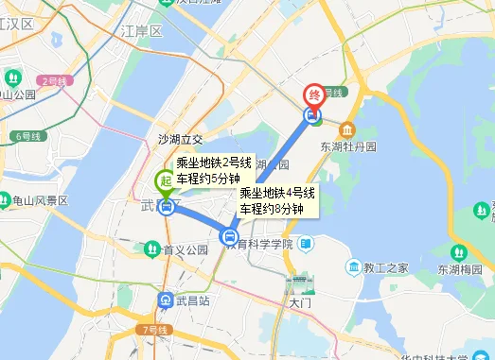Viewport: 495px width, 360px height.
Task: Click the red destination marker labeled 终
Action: (x=313, y=95)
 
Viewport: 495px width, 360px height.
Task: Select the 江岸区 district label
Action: (x=142, y=31)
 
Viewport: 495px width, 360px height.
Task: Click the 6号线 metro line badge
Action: (x=29, y=137)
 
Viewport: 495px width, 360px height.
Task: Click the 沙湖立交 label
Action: (x=180, y=139)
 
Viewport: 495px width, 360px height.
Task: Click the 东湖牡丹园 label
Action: (x=348, y=147)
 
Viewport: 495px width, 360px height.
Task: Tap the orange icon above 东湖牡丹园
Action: (x=348, y=129)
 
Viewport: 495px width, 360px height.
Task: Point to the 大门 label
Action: (x=300, y=303)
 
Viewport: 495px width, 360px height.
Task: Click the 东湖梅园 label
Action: (x=459, y=269)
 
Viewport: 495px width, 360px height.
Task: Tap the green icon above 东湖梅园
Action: (x=459, y=252)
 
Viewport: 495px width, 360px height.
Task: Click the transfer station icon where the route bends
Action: (x=229, y=236)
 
